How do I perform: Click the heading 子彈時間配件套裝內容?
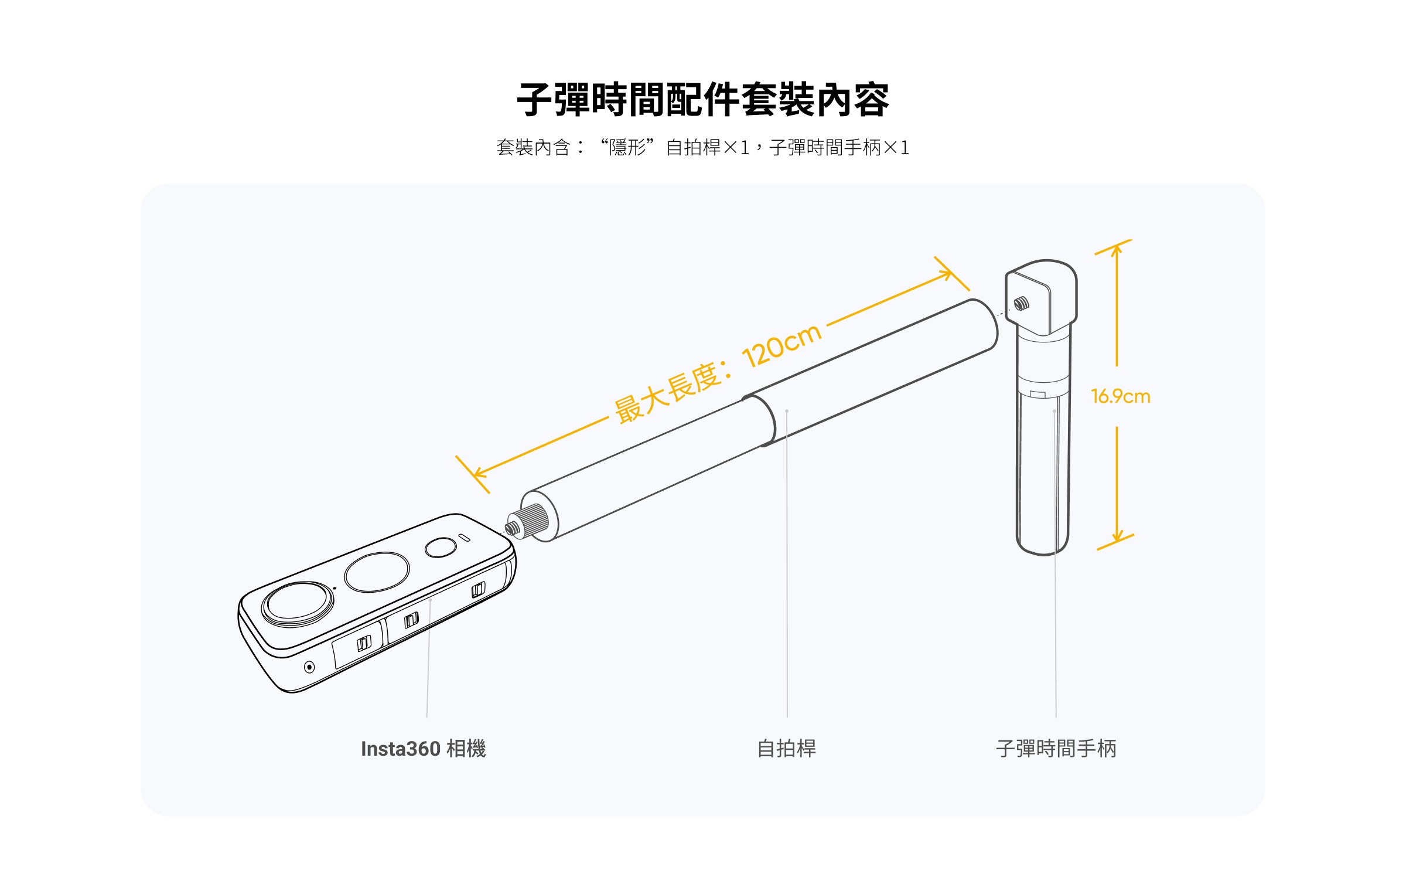702,100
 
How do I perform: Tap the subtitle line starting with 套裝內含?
702,147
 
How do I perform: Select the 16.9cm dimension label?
1120,397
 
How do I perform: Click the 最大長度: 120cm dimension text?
718,373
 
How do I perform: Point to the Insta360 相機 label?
423,749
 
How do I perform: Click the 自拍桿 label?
787,749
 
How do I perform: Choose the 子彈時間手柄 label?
1056,749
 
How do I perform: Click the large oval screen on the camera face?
377,572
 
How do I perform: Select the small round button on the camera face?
441,548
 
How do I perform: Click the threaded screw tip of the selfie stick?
513,528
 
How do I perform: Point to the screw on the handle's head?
1021,304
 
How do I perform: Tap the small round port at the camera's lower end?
309,667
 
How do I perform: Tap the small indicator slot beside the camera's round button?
464,538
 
